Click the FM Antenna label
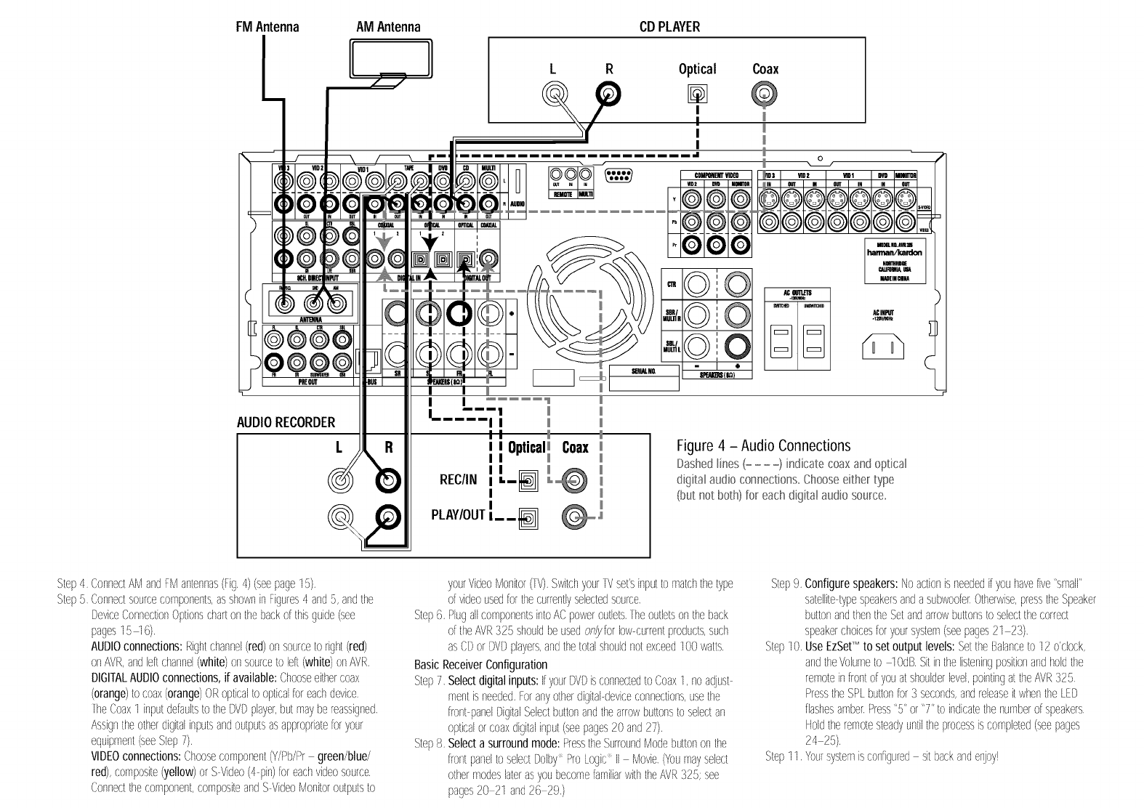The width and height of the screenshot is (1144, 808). pyautogui.click(x=267, y=27)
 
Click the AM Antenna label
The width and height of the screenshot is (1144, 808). pyautogui.click(x=389, y=27)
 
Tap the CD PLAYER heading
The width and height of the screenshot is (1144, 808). pyautogui.click(x=669, y=27)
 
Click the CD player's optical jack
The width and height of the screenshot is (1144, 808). pyautogui.click(x=697, y=94)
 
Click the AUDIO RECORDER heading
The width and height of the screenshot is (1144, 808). pyautogui.click(x=286, y=422)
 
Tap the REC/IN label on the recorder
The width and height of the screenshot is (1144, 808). pyautogui.click(x=459, y=480)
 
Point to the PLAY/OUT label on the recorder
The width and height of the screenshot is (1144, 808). pyautogui.click(x=458, y=515)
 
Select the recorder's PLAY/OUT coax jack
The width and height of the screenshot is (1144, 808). pyautogui.click(x=574, y=517)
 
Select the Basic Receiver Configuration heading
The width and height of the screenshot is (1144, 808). pyautogui.click(x=480, y=664)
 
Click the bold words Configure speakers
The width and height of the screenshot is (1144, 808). pyautogui.click(x=850, y=583)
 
